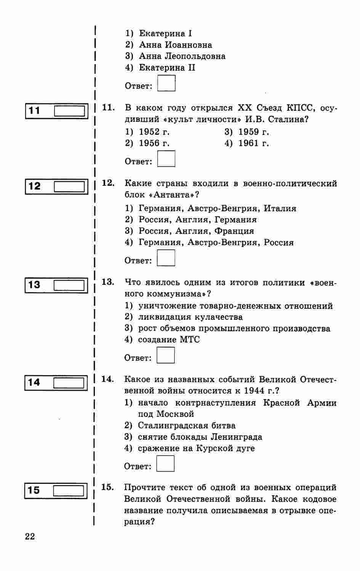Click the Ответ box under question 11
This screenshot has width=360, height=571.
tap(166, 159)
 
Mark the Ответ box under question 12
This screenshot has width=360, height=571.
tap(166, 258)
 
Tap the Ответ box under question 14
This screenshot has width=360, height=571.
tap(165, 464)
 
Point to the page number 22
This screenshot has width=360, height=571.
tap(30, 536)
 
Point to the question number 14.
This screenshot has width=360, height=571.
tap(107, 379)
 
